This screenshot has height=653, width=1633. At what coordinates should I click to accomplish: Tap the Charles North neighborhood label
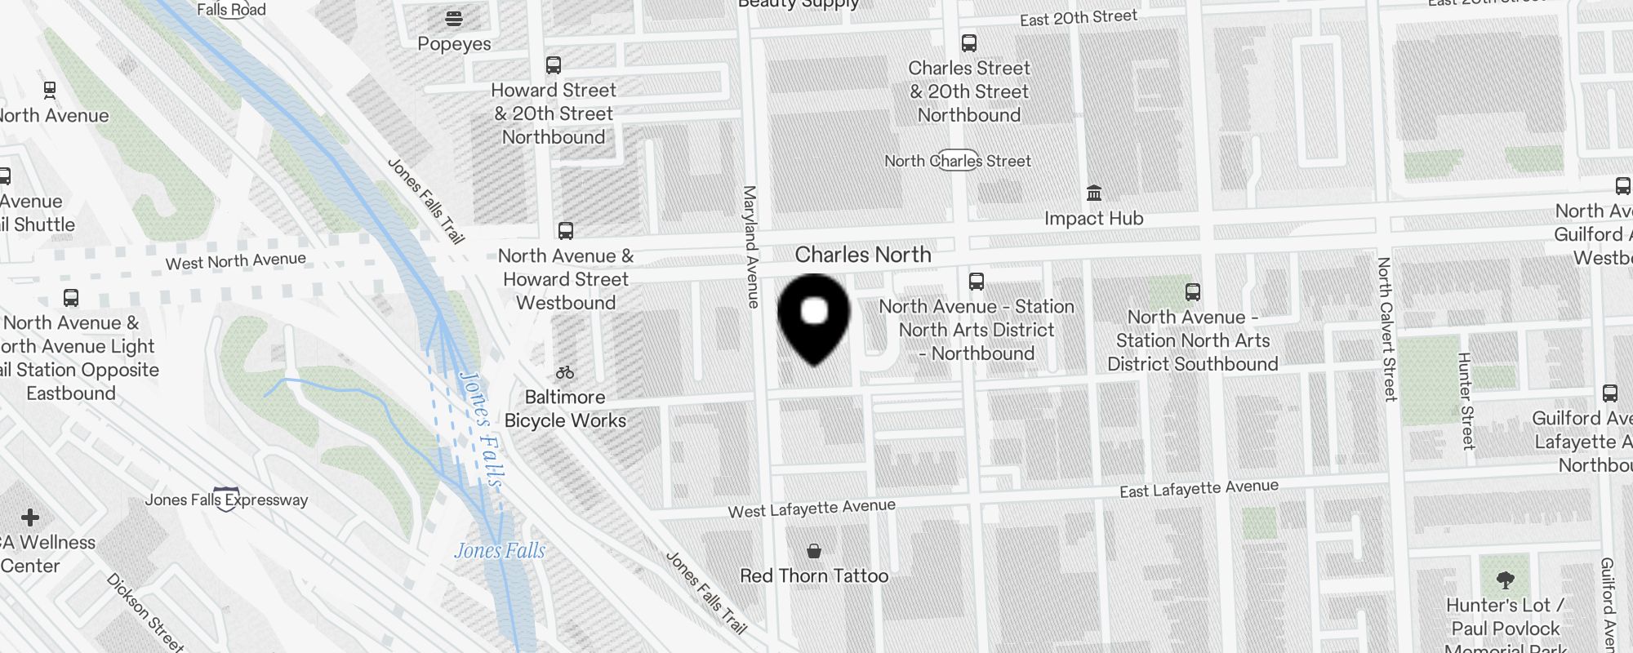[x=863, y=255]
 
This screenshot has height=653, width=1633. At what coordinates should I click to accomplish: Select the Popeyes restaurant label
[x=454, y=44]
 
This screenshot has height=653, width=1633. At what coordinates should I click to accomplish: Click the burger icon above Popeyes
[x=454, y=18]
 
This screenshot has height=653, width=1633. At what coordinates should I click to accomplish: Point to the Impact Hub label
[x=1093, y=219]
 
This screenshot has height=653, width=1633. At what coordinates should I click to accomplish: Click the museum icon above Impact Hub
[x=1094, y=193]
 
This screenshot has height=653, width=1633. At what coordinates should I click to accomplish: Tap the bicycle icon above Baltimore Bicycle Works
[x=565, y=373]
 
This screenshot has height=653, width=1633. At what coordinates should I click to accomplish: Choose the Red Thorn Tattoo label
[x=814, y=576]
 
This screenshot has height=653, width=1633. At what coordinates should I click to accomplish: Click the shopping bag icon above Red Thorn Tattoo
[x=814, y=551]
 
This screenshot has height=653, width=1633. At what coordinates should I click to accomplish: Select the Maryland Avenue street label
[x=750, y=247]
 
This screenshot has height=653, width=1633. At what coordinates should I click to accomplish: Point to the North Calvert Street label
[x=1386, y=329]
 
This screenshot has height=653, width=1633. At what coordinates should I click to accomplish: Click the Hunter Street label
[x=1466, y=401]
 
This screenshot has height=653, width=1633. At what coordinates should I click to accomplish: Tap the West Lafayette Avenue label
[x=812, y=509]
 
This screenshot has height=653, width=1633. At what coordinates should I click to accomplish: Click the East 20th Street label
[x=1078, y=18]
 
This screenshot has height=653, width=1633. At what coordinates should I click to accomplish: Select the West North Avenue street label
[x=236, y=261]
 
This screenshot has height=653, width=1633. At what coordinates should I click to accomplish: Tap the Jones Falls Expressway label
[x=226, y=500]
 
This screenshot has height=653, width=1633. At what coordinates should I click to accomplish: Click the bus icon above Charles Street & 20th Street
[x=969, y=43]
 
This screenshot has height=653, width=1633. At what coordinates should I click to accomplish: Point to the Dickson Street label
[x=145, y=612]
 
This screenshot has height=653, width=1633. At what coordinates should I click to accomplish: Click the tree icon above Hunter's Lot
[x=1506, y=580]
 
